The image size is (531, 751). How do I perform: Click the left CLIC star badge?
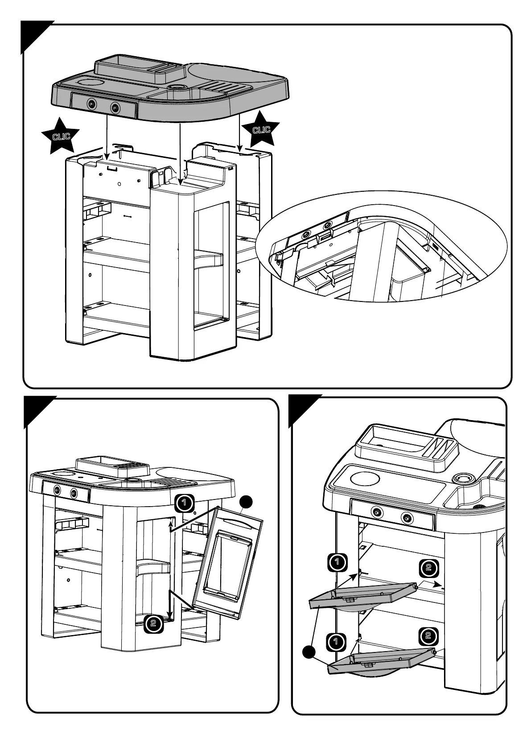(x=60, y=136)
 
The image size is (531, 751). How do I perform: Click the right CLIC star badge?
(x=261, y=129)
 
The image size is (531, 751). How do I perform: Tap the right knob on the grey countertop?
(x=115, y=107)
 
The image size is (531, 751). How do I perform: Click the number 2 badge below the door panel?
(x=153, y=623)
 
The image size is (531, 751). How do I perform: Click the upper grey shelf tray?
(x=363, y=595)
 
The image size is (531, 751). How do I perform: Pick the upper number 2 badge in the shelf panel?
(x=428, y=568)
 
